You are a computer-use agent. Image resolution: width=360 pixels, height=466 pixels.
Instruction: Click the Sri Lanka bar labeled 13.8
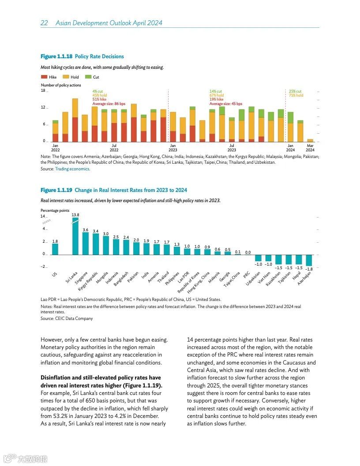[75, 236]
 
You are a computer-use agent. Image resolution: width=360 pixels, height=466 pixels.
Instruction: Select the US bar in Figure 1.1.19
[55, 249]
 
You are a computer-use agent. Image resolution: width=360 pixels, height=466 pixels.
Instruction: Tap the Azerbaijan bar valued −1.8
[309, 260]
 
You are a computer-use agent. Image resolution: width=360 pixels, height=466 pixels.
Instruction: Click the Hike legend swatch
[44, 77]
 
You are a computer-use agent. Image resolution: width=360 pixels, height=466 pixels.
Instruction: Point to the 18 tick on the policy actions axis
[43, 90]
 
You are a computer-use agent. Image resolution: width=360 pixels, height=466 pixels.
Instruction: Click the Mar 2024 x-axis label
[310, 147]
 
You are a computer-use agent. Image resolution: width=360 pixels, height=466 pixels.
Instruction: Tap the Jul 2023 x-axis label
[232, 147]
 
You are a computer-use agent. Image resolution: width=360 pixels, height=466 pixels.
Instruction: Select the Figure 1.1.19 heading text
[114, 190]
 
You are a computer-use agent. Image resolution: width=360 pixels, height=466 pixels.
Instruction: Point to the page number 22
[44, 23]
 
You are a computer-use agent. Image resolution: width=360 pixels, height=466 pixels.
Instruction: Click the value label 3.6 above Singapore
[86, 230]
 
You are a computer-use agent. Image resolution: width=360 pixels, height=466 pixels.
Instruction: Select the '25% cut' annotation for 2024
[295, 91]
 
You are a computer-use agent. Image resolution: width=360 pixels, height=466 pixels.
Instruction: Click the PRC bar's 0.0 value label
[248, 252]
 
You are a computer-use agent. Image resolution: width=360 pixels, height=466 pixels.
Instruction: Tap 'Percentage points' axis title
[56, 210]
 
